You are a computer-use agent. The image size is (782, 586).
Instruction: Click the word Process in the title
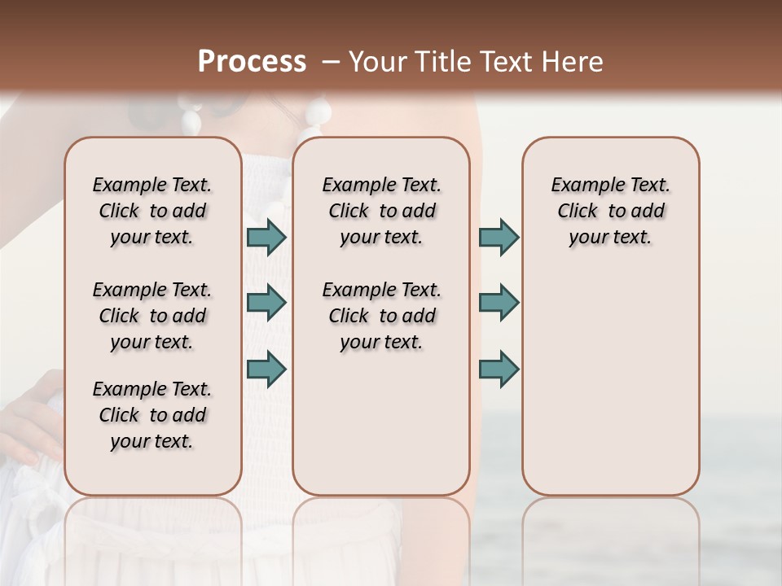pyautogui.click(x=251, y=62)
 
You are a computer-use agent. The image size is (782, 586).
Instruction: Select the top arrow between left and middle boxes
pyautogui.click(x=266, y=238)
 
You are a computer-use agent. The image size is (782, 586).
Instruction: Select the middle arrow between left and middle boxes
pyautogui.click(x=266, y=303)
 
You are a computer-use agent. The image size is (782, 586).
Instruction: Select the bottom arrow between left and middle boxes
pyautogui.click(x=266, y=369)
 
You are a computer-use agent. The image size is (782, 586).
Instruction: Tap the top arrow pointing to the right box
pyautogui.click(x=499, y=238)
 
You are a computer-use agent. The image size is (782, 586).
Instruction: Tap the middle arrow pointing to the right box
pyautogui.click(x=499, y=303)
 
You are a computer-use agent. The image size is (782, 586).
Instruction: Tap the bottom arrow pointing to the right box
pyautogui.click(x=499, y=369)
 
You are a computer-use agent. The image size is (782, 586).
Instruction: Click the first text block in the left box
pyautogui.click(x=152, y=211)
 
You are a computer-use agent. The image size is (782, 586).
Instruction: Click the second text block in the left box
pyautogui.click(x=152, y=316)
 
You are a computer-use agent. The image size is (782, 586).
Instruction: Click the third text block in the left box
pyautogui.click(x=152, y=415)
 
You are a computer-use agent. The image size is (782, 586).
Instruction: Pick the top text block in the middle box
pyautogui.click(x=381, y=211)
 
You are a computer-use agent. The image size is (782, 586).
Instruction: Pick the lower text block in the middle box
pyautogui.click(x=381, y=316)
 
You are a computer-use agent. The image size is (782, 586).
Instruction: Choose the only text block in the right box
pyautogui.click(x=610, y=211)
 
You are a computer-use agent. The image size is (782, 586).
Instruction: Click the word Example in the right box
pyautogui.click(x=582, y=186)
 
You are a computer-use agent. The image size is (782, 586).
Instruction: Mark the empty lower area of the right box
pyautogui.click(x=610, y=383)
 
